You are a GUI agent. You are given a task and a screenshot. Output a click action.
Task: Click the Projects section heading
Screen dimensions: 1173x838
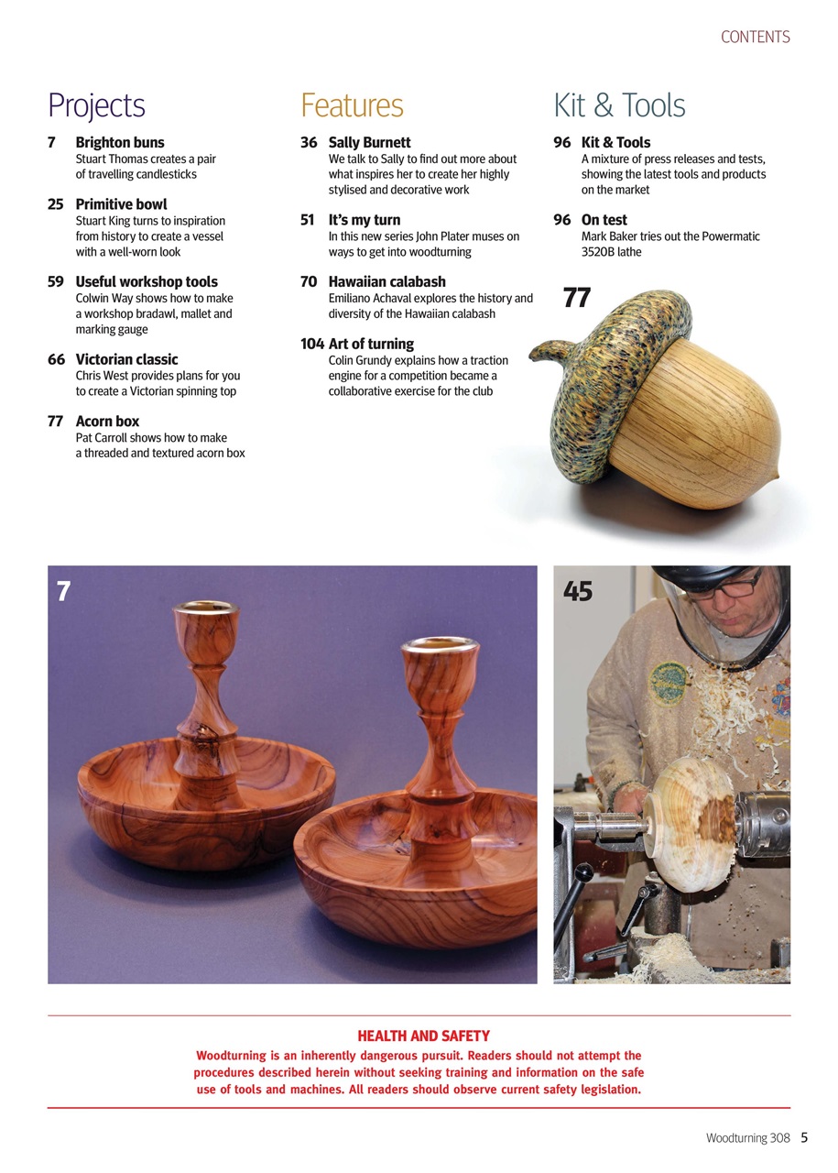pyautogui.click(x=96, y=106)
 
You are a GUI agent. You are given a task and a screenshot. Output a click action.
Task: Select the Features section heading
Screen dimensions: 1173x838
pyautogui.click(x=352, y=106)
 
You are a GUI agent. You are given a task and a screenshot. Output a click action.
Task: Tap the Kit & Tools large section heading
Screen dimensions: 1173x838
pyautogui.click(x=619, y=106)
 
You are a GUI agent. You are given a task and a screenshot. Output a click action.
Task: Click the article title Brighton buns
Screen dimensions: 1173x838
pyautogui.click(x=120, y=143)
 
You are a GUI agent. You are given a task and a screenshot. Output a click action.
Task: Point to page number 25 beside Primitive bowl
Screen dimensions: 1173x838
pyautogui.click(x=56, y=204)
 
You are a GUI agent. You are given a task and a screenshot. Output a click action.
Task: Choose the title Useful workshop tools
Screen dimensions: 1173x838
pyautogui.click(x=147, y=282)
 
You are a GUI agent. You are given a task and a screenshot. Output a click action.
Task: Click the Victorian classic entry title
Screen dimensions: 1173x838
pyautogui.click(x=126, y=360)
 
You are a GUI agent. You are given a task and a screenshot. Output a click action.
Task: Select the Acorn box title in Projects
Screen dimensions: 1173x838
pyautogui.click(x=107, y=422)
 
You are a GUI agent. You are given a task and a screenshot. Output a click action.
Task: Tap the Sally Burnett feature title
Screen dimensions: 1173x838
pyautogui.click(x=369, y=143)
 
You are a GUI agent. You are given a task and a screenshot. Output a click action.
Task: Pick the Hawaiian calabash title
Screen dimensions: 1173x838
pyautogui.click(x=386, y=282)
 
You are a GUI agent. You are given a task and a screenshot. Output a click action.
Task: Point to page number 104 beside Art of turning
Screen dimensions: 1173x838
pyautogui.click(x=312, y=345)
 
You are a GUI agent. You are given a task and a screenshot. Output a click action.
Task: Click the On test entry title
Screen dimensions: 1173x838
pyautogui.click(x=604, y=220)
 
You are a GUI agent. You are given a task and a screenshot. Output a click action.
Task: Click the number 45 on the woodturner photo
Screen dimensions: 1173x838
pyautogui.click(x=578, y=592)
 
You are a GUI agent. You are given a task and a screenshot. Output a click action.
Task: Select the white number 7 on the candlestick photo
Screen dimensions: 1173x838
pyautogui.click(x=63, y=592)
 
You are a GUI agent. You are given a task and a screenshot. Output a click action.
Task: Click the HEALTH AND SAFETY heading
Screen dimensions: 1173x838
pyautogui.click(x=423, y=1036)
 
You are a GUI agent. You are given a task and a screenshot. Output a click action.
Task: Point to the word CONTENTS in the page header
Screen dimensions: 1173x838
pyautogui.click(x=755, y=38)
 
